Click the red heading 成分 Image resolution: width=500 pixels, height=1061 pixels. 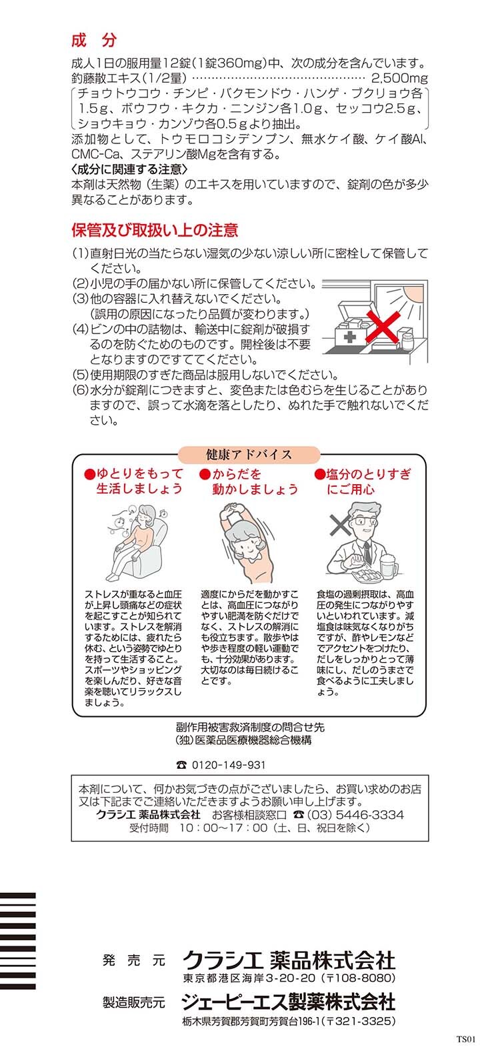(93, 41)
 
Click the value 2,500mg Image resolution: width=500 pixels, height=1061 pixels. (399, 77)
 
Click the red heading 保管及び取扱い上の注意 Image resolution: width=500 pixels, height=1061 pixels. (155, 230)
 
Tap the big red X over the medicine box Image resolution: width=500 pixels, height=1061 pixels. (383, 326)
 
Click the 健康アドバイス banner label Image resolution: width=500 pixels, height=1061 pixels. (249, 454)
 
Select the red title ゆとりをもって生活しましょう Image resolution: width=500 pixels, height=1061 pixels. (133, 481)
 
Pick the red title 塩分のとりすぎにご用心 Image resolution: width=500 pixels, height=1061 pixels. (363, 481)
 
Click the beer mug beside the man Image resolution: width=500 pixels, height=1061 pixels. (388, 565)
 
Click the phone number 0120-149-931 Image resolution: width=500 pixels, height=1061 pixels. (229, 765)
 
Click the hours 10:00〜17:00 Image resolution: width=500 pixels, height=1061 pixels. (223, 828)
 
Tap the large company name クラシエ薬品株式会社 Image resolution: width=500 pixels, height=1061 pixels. (289, 960)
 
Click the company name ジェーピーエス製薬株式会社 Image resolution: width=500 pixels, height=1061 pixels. (289, 1002)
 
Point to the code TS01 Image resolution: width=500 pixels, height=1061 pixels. (465, 1040)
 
